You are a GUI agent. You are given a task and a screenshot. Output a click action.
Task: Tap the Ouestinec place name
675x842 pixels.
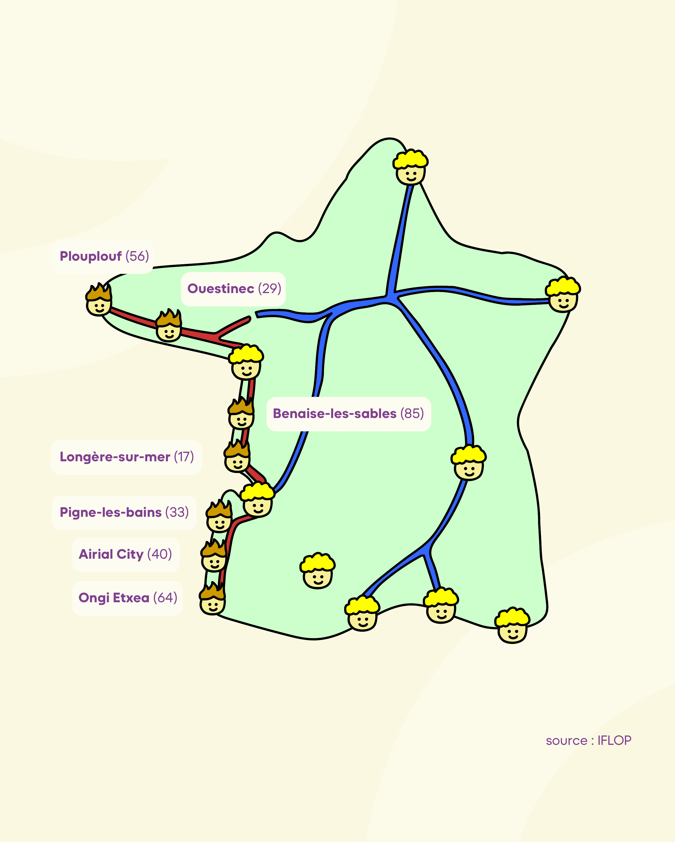[221, 289]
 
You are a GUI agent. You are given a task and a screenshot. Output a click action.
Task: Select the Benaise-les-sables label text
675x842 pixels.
[335, 414]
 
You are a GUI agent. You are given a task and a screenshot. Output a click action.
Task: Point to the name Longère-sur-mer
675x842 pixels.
[115, 457]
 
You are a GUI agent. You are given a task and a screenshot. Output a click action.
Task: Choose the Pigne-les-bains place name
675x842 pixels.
[111, 512]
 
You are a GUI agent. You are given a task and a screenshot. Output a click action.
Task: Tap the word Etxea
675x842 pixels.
[131, 598]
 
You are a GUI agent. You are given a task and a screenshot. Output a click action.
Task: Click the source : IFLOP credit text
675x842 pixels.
[588, 740]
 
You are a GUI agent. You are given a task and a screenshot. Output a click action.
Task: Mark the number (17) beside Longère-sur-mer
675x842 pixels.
[184, 457]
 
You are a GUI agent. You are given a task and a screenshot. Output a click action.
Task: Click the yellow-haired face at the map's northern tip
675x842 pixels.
[410, 168]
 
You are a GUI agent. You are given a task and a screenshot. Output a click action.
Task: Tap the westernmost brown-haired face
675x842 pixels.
[99, 301]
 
